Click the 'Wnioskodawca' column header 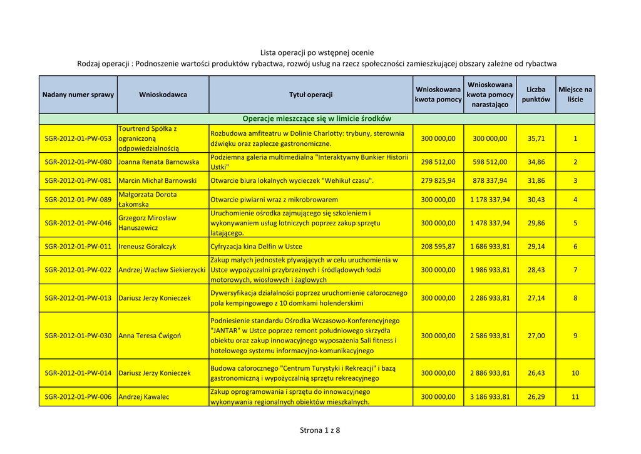[163, 95]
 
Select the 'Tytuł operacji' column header [310, 95]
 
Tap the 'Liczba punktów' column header [536, 95]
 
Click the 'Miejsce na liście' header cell [575, 95]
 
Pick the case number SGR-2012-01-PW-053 [78, 138]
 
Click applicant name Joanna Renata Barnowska [158, 162]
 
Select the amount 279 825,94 [438, 181]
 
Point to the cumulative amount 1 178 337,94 [490, 200]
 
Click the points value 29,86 [536, 223]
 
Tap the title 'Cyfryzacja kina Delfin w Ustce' [257, 247]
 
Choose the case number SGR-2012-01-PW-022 [78, 270]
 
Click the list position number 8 [575, 298]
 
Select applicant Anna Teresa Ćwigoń [150, 336]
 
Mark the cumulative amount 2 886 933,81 [490, 373]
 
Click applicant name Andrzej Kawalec [143, 397]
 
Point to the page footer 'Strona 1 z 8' [320, 430]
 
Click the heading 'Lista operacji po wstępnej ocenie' [317, 53]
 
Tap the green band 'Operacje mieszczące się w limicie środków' [317, 118]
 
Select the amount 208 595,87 [438, 247]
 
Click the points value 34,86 [536, 162]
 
